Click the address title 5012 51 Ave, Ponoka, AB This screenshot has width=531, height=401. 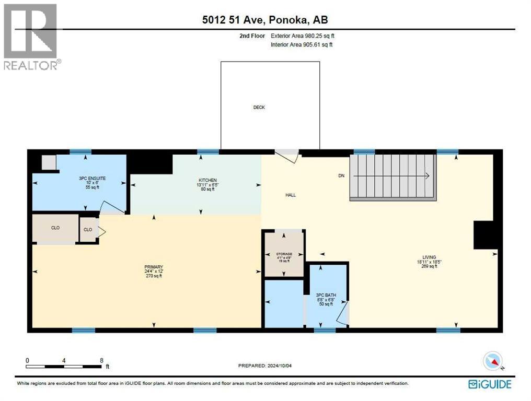pyautogui.click(x=265, y=20)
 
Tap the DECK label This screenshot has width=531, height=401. pyautogui.click(x=259, y=108)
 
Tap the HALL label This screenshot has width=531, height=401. pyautogui.click(x=291, y=195)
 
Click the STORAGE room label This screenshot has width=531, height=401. pyautogui.click(x=284, y=254)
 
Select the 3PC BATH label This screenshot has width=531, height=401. pyautogui.click(x=326, y=296)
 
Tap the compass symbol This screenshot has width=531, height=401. pyautogui.click(x=493, y=361)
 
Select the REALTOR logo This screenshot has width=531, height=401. pyautogui.click(x=31, y=37)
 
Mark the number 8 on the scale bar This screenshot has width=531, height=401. pyautogui.click(x=101, y=360)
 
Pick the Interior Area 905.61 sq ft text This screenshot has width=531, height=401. pyautogui.click(x=302, y=45)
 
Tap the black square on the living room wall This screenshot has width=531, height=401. pyautogui.click(x=485, y=234)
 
